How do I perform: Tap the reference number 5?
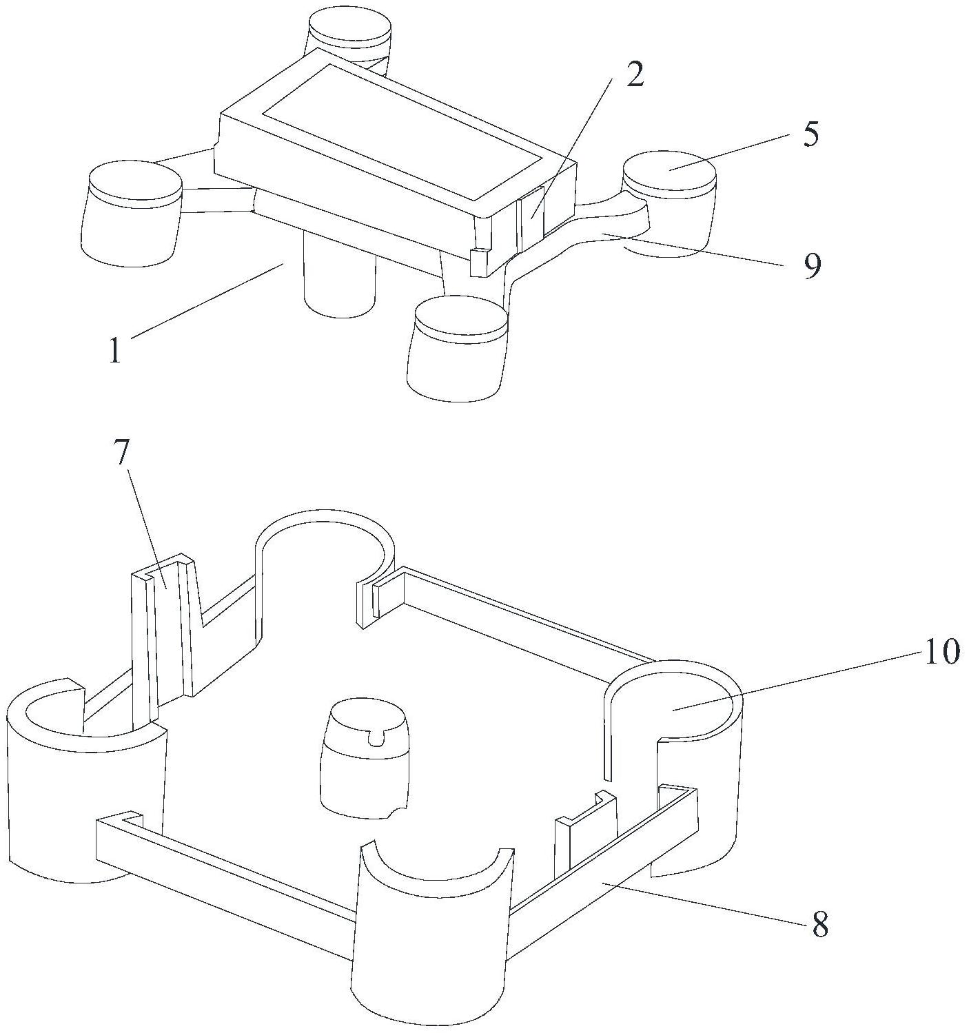click(810, 135)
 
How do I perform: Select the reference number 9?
click(813, 265)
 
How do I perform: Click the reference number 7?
click(123, 455)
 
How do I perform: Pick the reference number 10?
click(941, 651)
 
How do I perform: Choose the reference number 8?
click(819, 925)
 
